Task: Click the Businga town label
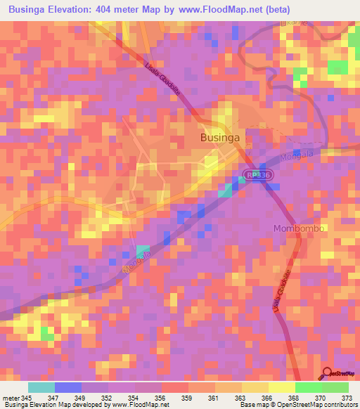click(220, 138)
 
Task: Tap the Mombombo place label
click(296, 229)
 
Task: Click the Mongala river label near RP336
click(297, 157)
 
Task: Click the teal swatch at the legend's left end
click(41, 387)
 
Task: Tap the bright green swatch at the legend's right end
click(335, 387)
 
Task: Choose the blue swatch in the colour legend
click(68, 387)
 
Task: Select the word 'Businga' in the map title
click(32, 10)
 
